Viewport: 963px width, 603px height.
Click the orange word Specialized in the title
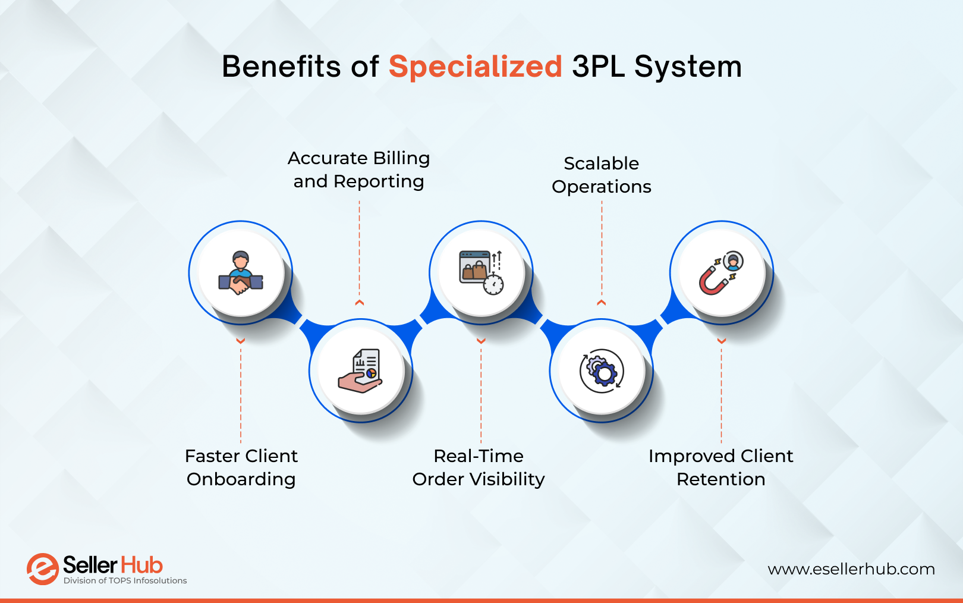point(475,67)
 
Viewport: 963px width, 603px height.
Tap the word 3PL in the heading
point(598,67)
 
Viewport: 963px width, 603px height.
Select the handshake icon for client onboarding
point(241,274)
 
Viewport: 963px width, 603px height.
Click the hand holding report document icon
point(361,371)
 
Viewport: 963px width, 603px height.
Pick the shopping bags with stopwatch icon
point(481,273)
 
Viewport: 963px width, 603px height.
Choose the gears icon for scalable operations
point(602,371)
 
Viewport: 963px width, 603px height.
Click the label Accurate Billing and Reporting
point(358,169)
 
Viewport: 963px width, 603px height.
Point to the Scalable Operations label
point(602,175)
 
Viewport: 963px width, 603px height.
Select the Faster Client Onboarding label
point(241,467)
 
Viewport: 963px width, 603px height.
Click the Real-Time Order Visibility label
point(479,467)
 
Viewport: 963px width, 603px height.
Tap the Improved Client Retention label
point(721,467)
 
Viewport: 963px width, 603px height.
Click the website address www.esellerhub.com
point(851,569)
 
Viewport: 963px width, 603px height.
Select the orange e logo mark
point(42,569)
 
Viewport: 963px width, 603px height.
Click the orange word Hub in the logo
point(141,565)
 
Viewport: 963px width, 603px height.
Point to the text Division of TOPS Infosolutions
point(125,581)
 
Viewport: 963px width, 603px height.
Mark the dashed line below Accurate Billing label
point(359,250)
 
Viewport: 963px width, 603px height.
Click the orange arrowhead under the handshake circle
point(241,341)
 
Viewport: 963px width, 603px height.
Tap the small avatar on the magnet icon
point(734,260)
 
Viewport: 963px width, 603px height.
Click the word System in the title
point(688,67)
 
